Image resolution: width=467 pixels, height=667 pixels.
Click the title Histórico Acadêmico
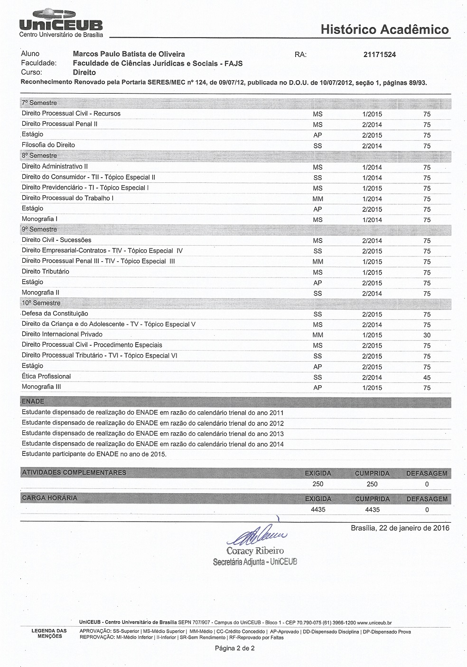click(x=384, y=29)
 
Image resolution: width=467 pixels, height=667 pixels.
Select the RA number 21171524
click(x=379, y=55)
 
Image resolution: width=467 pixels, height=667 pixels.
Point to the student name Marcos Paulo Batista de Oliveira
click(x=129, y=54)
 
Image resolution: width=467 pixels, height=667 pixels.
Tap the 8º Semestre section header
click(x=39, y=156)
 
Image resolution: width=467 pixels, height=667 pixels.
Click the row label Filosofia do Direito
click(x=48, y=145)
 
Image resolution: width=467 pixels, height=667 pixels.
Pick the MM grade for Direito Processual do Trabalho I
click(x=318, y=199)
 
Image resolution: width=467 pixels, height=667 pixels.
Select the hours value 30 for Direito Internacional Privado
click(x=427, y=335)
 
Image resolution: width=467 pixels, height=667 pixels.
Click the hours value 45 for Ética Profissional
click(x=427, y=378)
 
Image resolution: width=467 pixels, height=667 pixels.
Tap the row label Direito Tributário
click(x=46, y=272)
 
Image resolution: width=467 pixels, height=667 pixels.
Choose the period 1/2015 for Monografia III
click(x=372, y=388)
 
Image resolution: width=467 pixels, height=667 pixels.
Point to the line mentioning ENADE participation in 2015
click(x=94, y=454)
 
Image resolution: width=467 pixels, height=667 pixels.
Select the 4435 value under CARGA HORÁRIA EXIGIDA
click(x=318, y=510)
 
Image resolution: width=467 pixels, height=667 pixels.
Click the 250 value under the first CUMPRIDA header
click(x=372, y=484)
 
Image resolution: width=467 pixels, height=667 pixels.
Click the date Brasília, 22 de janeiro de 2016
click(x=400, y=528)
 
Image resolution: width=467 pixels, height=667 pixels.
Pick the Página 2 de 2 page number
click(x=235, y=648)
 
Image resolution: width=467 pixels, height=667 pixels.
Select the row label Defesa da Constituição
click(x=55, y=314)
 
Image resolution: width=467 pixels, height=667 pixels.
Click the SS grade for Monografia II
click(x=318, y=294)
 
